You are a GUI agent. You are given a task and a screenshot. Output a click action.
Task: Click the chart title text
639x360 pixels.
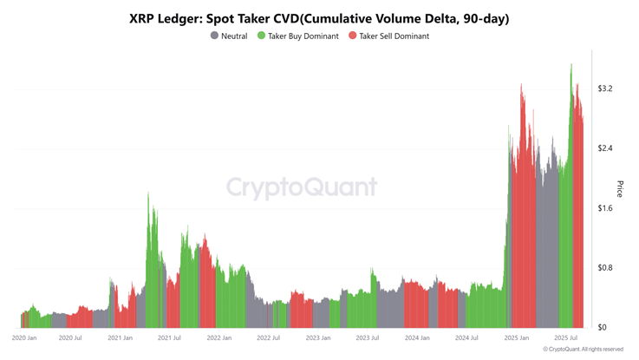[x=319, y=17]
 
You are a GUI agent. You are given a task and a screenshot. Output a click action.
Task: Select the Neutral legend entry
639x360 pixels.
[x=234, y=36]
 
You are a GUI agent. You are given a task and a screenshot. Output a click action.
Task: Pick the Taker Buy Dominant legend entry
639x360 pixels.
[x=303, y=36]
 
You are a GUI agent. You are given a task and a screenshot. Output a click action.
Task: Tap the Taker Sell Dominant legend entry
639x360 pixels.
[x=394, y=36]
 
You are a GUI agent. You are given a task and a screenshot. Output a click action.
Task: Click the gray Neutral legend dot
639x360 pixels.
[x=215, y=36]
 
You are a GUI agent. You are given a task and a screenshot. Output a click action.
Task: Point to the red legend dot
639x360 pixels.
[x=353, y=36]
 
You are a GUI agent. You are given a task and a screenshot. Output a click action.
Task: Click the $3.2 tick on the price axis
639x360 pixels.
[x=605, y=88]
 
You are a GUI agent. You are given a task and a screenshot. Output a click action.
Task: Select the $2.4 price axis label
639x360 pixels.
[x=605, y=148]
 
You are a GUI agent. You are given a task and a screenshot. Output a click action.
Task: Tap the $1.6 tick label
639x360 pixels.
[x=605, y=208]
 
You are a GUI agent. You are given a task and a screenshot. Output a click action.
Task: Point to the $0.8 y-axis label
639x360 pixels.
[x=605, y=268]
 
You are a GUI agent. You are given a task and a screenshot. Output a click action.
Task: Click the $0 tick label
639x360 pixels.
[x=602, y=328]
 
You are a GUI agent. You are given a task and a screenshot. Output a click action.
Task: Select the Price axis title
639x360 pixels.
[x=620, y=188]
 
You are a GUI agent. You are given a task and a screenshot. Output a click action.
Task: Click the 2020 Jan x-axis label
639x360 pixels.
[x=24, y=338]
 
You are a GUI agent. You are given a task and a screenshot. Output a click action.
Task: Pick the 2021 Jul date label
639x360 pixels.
[x=169, y=338]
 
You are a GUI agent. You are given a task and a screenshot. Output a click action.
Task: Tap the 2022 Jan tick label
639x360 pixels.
[x=219, y=338]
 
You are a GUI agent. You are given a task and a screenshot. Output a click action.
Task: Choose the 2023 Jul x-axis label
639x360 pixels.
[x=368, y=338]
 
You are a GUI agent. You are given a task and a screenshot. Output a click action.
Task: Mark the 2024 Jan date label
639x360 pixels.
[x=417, y=338]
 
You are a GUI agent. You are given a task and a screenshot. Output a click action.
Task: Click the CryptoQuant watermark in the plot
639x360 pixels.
[x=302, y=187]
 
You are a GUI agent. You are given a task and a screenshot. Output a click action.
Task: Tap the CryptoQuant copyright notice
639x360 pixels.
[x=583, y=350]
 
